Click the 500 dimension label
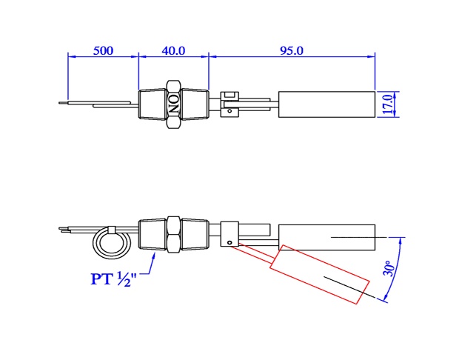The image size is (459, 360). click(103, 50)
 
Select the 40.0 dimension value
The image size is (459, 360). click(173, 50)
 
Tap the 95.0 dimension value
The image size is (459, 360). click(292, 50)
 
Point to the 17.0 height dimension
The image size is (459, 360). click(388, 104)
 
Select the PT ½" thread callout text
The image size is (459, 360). click(113, 279)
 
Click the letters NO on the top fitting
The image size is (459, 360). click(174, 104)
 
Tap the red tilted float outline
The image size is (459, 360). click(320, 275)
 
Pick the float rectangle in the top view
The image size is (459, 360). click(326, 104)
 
